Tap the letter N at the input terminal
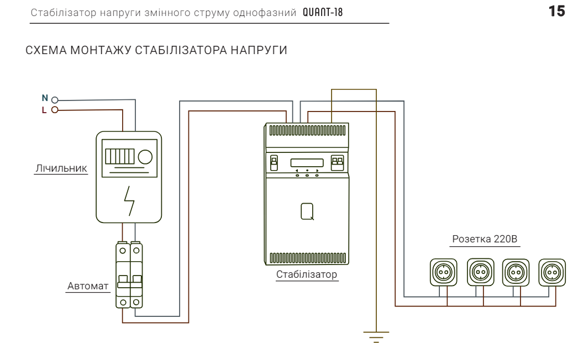[45, 98]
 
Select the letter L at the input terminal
[45, 109]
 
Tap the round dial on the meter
[145, 157]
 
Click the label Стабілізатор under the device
[307, 274]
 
